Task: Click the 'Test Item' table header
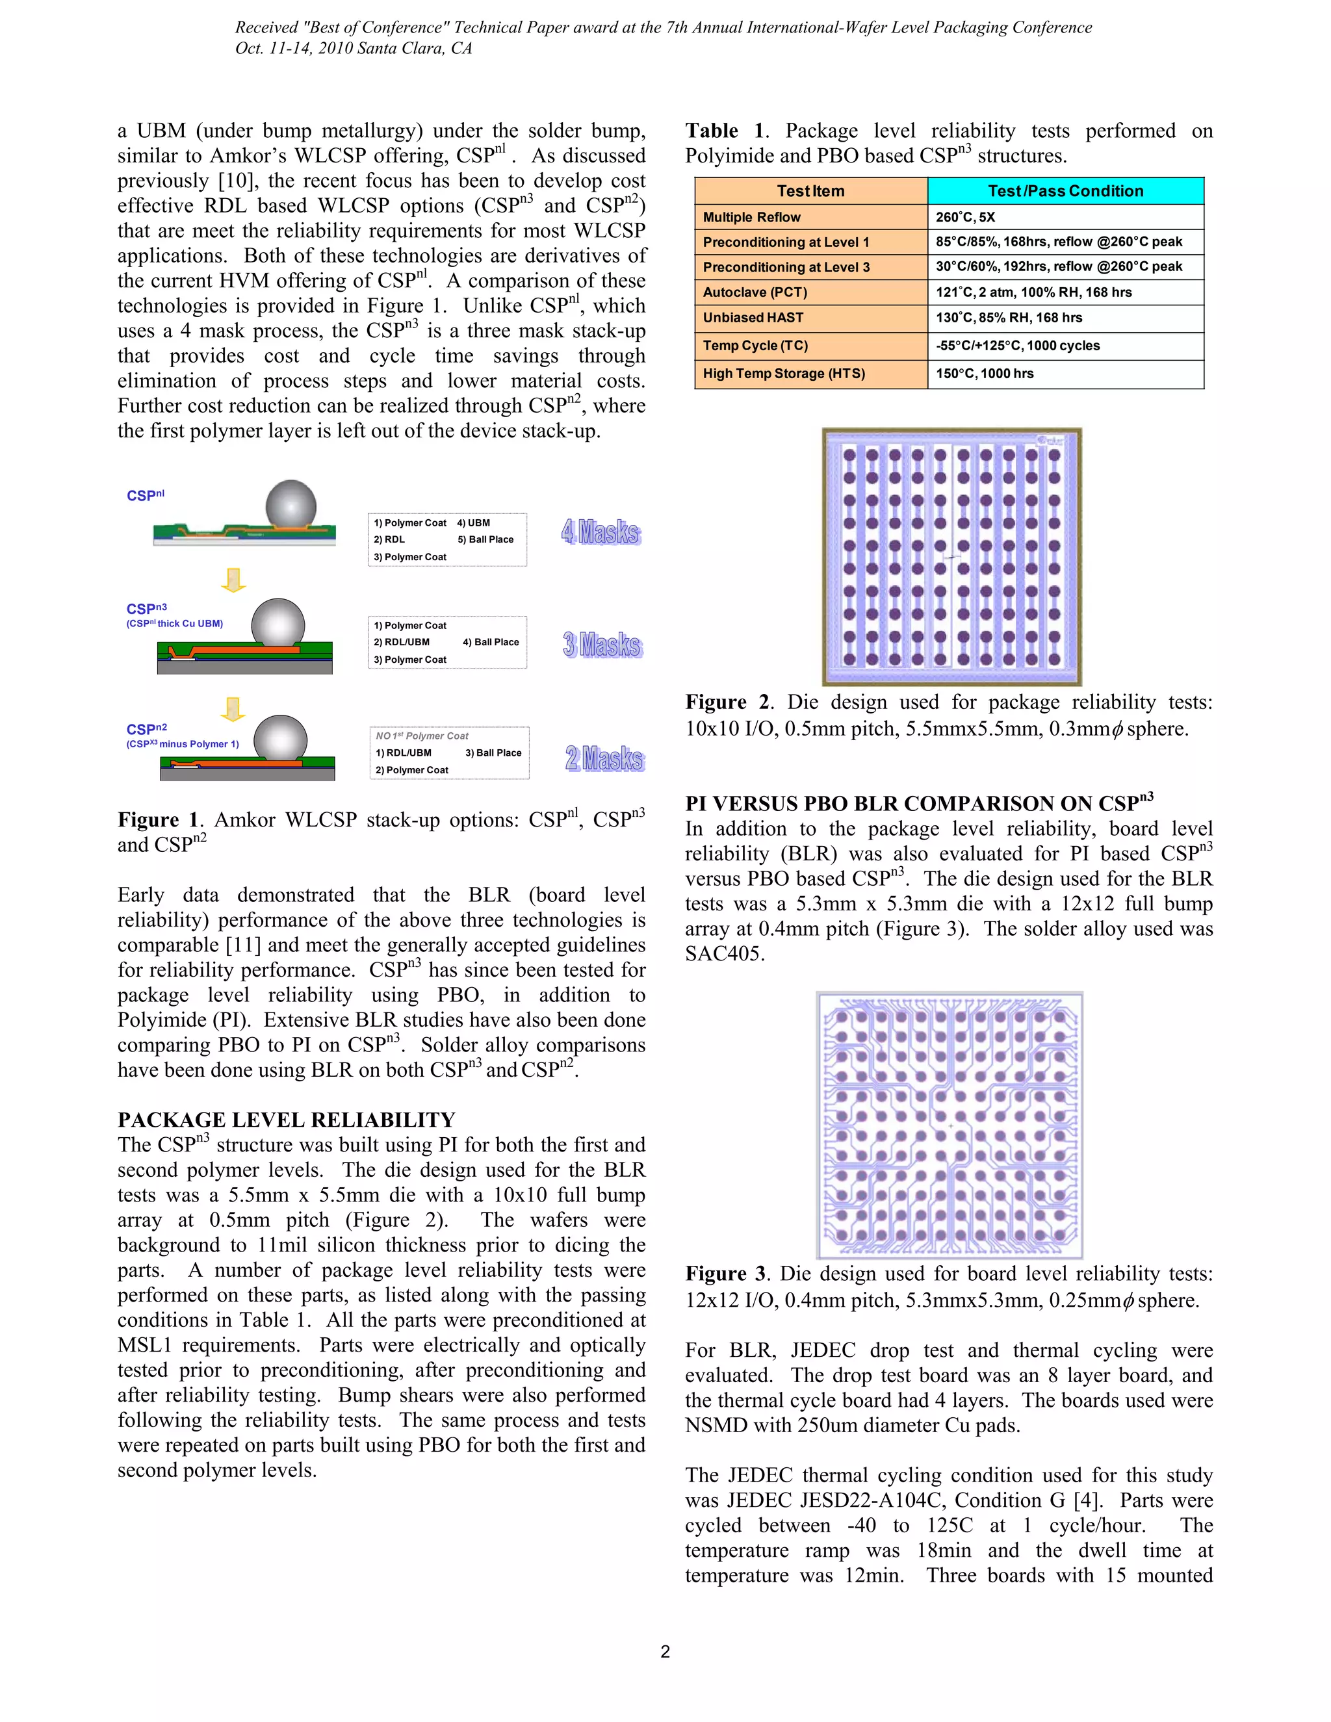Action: (x=810, y=191)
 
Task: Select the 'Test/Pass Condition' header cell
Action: (x=1065, y=191)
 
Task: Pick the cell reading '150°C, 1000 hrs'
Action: (x=984, y=374)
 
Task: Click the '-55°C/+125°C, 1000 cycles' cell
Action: (x=1017, y=345)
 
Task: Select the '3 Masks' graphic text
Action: (x=602, y=645)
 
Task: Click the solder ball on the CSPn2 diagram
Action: (x=280, y=738)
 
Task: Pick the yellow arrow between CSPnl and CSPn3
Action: (x=233, y=580)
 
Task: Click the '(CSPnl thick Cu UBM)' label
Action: (x=174, y=624)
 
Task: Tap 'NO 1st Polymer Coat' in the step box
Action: (x=421, y=736)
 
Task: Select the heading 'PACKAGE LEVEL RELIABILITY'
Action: (x=286, y=1120)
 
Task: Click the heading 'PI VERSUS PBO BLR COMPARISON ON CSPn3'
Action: (x=918, y=803)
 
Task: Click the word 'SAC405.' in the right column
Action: (x=724, y=954)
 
